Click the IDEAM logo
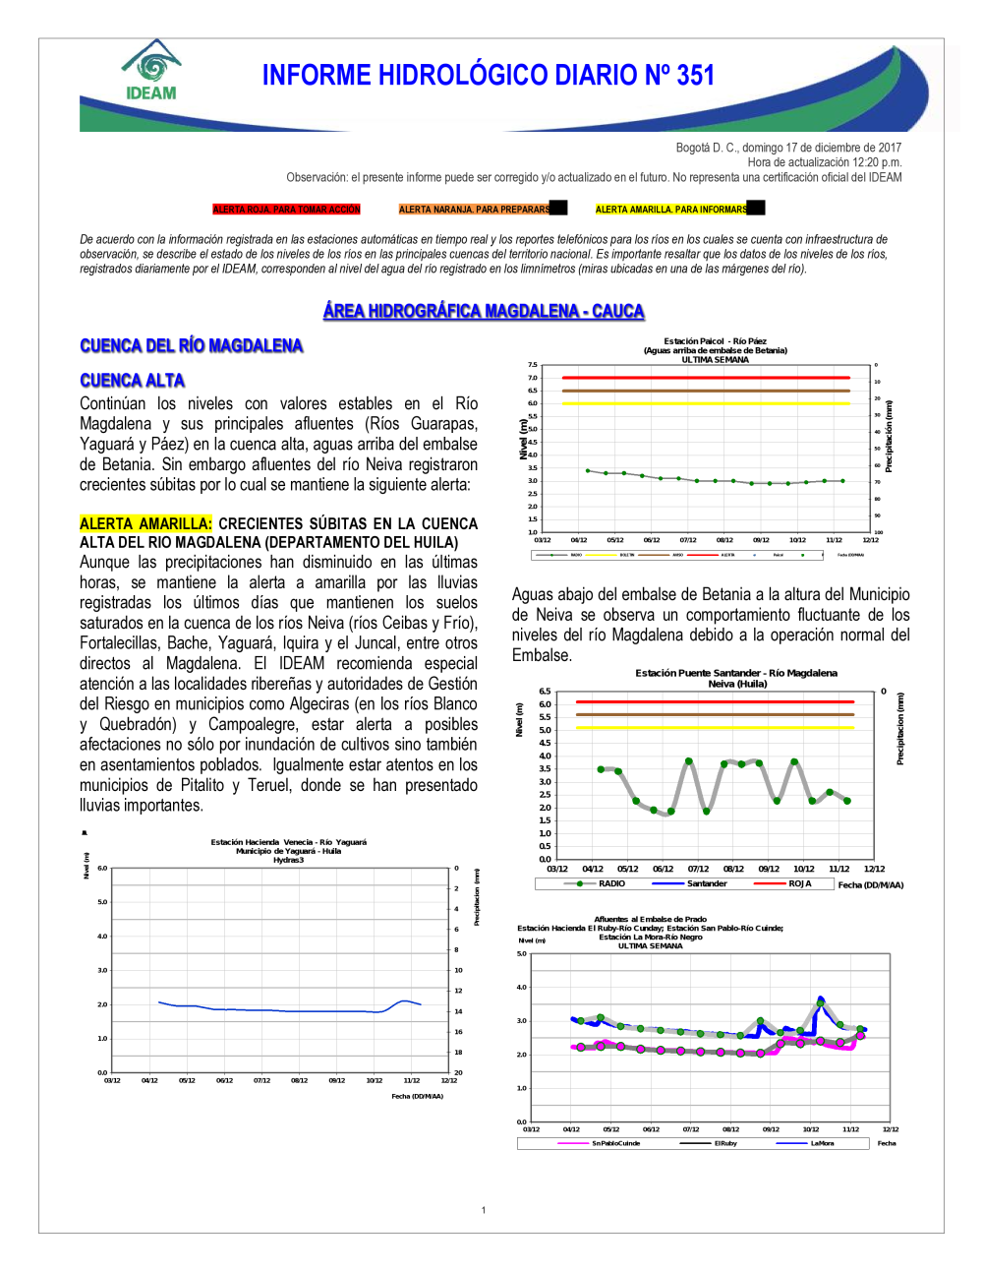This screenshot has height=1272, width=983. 151,71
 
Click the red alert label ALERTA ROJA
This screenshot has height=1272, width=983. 286,210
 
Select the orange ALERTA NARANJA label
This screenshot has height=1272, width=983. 475,210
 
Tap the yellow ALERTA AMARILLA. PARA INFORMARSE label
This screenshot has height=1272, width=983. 671,210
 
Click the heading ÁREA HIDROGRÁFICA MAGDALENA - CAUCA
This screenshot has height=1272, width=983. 484,311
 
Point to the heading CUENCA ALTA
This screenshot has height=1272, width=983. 132,381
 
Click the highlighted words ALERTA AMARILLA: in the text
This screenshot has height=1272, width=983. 145,524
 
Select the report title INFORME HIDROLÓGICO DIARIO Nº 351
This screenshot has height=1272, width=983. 488,76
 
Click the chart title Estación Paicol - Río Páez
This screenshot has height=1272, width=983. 715,341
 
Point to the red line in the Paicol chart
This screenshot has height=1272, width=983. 705,378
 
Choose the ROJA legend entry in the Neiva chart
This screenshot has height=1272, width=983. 799,883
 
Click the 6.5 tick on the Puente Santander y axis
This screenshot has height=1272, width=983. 545,692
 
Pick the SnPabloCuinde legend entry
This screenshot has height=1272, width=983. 615,1143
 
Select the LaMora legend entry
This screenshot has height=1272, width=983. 822,1143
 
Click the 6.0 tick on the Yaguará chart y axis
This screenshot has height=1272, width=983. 102,868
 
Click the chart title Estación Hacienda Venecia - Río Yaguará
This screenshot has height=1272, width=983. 288,842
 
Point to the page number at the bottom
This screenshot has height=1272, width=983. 484,1210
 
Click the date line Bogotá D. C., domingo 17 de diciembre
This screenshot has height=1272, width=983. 788,148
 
